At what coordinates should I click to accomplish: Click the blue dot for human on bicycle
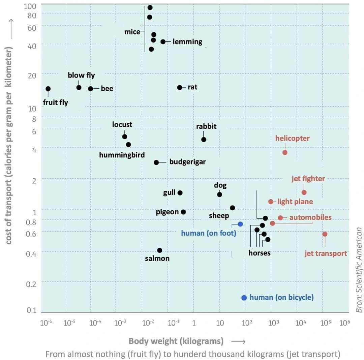click(244, 298)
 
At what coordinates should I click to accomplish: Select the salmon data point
click(159, 250)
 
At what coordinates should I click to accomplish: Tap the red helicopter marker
click(285, 152)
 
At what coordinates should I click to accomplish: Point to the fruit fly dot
click(48, 89)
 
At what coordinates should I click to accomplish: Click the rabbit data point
click(204, 140)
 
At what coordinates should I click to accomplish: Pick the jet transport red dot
click(325, 234)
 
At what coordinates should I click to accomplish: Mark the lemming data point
click(163, 42)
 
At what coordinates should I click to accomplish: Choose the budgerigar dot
click(156, 162)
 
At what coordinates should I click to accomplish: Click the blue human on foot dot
click(240, 224)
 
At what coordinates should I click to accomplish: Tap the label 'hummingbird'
click(122, 155)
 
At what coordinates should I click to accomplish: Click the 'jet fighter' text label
click(308, 179)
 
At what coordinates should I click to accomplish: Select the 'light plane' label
click(295, 202)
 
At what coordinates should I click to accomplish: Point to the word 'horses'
click(259, 253)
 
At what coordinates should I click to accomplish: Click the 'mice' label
click(132, 32)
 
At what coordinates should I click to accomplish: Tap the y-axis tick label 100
click(30, 6)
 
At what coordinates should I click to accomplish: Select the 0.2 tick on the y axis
click(31, 284)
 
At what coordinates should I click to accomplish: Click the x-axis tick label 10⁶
click(344, 322)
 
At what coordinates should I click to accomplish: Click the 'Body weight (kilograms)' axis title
click(176, 341)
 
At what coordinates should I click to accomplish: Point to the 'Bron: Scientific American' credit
click(359, 270)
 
